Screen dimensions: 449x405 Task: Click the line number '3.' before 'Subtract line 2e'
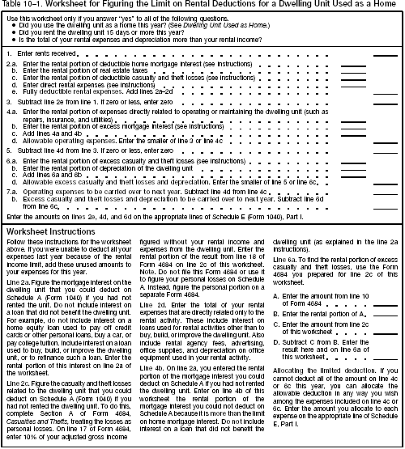9,103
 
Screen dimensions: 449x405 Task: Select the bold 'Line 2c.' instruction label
18,347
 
